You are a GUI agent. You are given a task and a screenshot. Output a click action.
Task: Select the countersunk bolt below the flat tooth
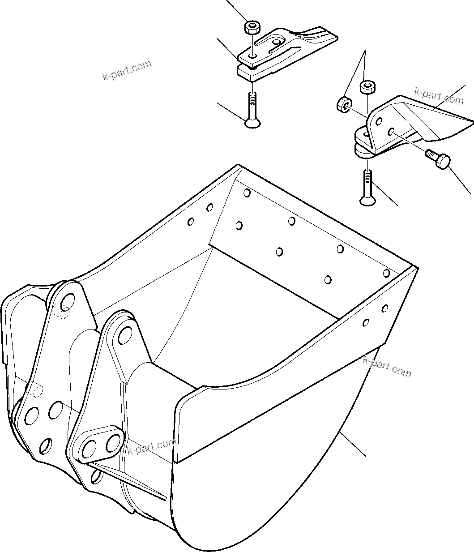coord(253,111)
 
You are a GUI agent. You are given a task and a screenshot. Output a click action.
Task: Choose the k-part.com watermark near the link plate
coord(152,446)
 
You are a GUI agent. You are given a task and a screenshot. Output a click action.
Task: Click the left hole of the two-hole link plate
coord(90,447)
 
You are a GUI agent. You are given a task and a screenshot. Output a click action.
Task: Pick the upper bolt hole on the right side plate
coord(384,308)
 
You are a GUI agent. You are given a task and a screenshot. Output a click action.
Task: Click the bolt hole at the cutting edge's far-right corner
coord(386,272)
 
